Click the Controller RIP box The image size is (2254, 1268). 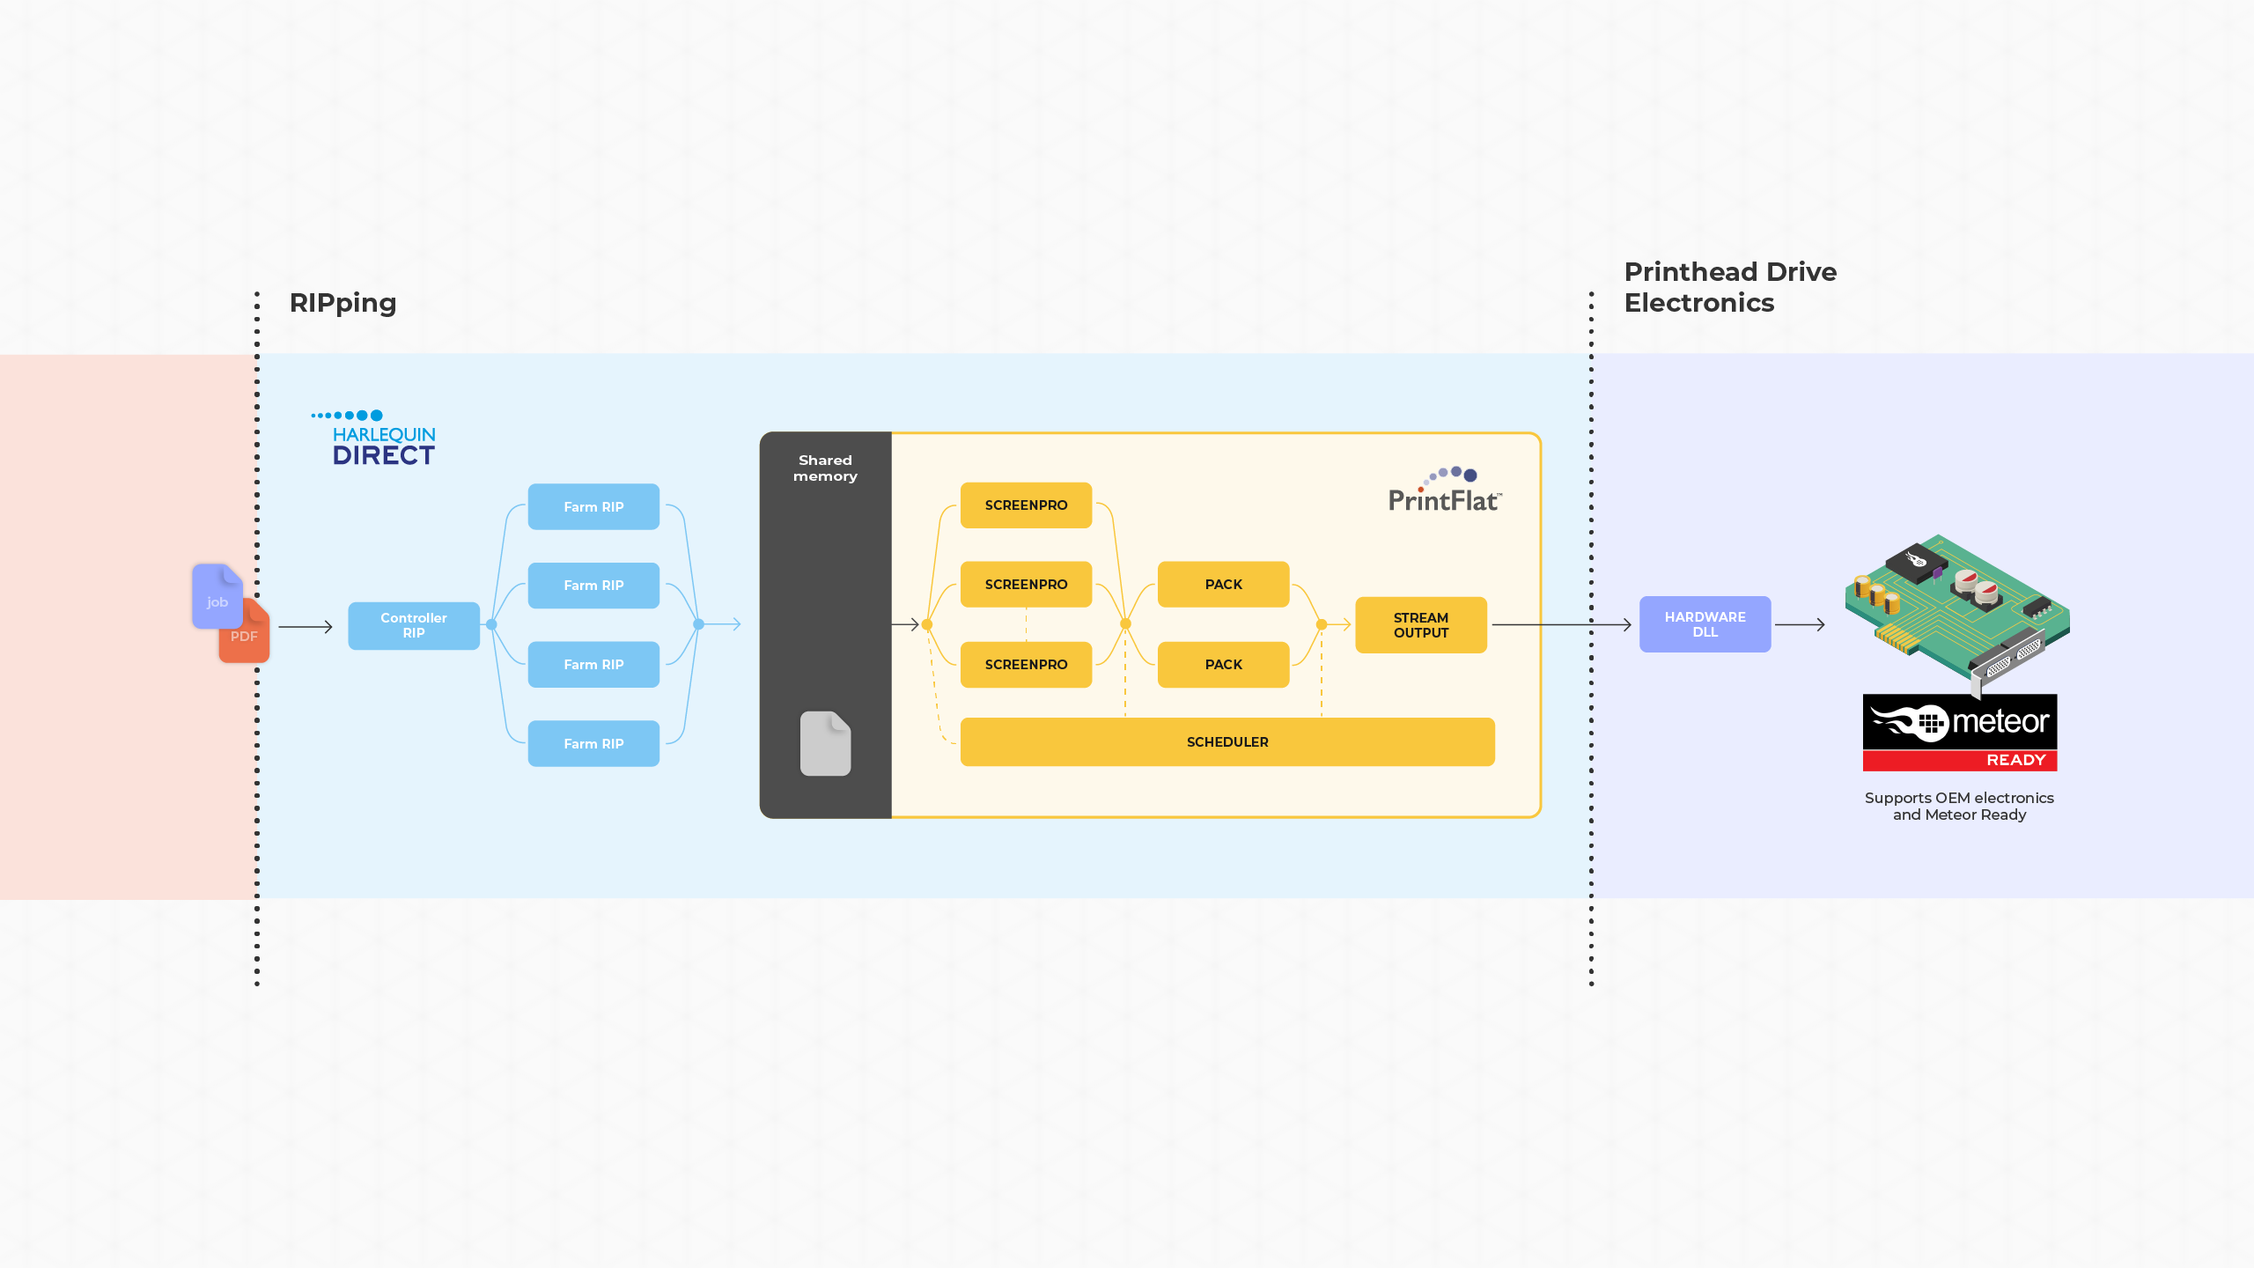414,625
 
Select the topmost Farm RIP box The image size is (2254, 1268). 593,506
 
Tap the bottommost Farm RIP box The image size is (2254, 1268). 593,743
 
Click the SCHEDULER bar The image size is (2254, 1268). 1227,741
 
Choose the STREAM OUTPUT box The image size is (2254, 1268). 1420,625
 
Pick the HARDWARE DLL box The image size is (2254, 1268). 1705,624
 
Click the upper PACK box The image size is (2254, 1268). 1223,584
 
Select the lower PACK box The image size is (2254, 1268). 1223,664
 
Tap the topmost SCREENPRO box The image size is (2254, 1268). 1026,505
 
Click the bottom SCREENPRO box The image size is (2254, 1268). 1026,664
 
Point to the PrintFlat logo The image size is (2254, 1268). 1445,490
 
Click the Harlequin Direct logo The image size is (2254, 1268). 375,439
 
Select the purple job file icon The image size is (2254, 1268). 217,596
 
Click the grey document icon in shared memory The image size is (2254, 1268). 825,743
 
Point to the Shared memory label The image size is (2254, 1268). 825,468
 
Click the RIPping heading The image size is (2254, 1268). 343,303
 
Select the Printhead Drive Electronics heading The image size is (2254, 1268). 1730,287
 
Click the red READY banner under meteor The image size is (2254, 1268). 1960,760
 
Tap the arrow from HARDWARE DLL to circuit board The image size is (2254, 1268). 1800,624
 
